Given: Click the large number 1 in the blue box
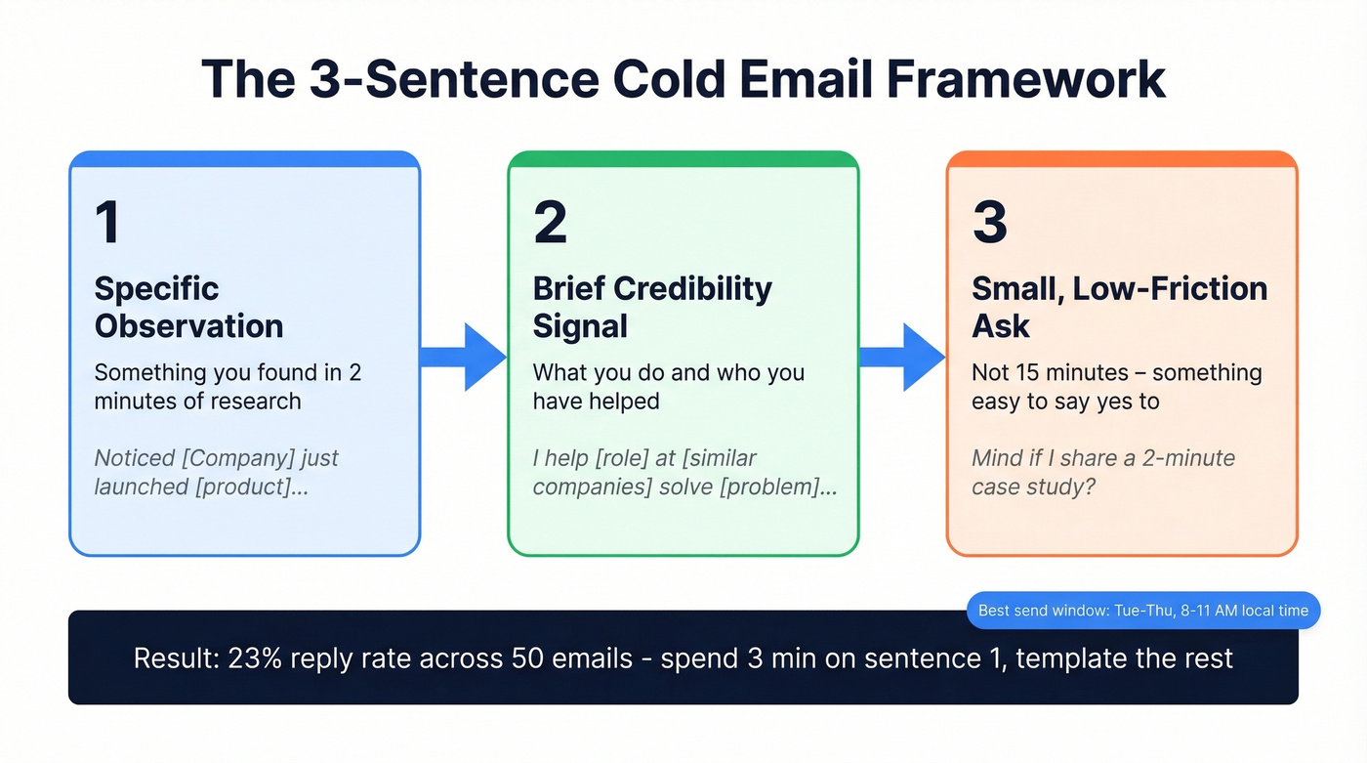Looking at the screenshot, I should pyautogui.click(x=107, y=222).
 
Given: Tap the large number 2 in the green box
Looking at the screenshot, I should pyautogui.click(x=550, y=222).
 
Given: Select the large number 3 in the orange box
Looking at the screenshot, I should pyautogui.click(x=989, y=222).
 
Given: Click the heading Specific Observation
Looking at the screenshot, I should pyautogui.click(x=188, y=307).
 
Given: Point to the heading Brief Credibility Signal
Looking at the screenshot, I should pyautogui.click(x=651, y=307).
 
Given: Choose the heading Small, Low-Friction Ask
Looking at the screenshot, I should pyautogui.click(x=1119, y=307).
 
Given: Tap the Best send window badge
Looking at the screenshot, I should pyautogui.click(x=1142, y=611).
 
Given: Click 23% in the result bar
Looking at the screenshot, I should pyautogui.click(x=256, y=658).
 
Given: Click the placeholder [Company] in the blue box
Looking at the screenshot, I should pyautogui.click(x=224, y=458).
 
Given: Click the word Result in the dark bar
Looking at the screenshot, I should pyautogui.click(x=175, y=658).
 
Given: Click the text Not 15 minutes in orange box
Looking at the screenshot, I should pyautogui.click(x=1049, y=373).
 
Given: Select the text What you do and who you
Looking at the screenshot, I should pyautogui.click(x=668, y=373).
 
